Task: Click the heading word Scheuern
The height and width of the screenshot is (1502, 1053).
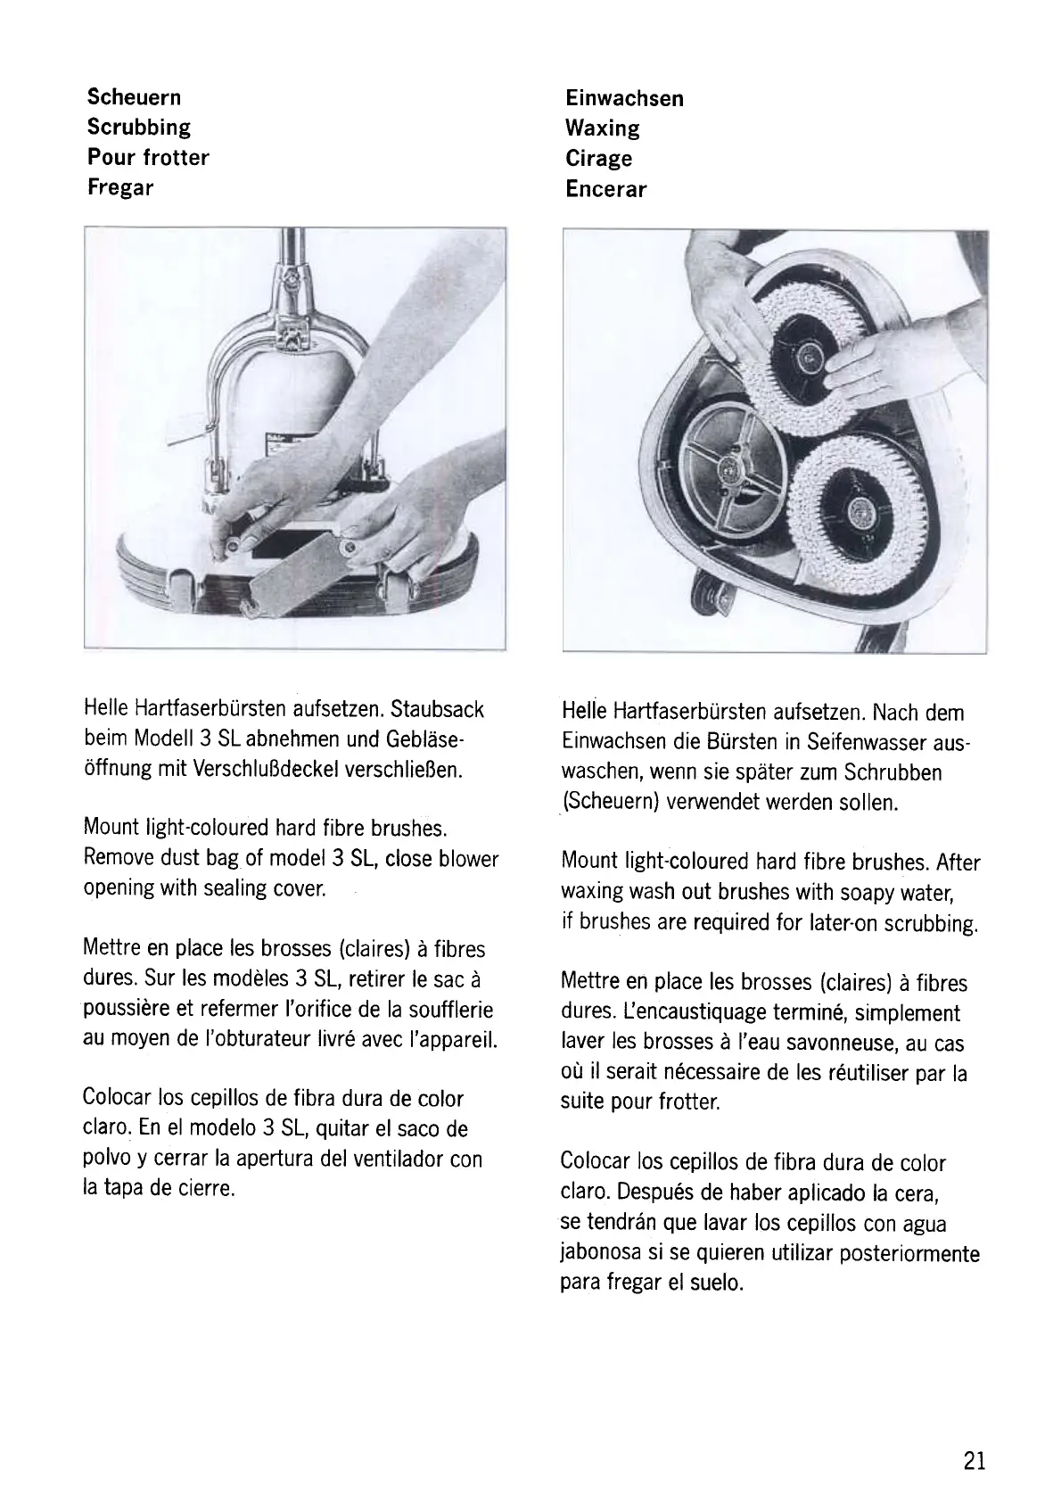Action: [x=134, y=97]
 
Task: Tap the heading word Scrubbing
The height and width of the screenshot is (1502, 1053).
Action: [x=139, y=128]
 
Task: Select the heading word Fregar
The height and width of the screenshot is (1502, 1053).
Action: [x=120, y=188]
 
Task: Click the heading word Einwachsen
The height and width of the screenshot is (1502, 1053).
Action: [x=624, y=98]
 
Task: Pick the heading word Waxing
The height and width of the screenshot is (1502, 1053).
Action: [x=602, y=128]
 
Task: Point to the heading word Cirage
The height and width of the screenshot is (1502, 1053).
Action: [x=598, y=159]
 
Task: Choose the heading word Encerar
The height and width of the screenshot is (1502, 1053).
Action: [x=605, y=189]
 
